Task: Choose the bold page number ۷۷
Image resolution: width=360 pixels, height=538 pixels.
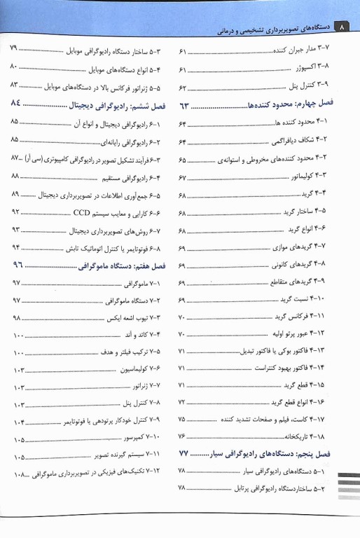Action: [x=185, y=453]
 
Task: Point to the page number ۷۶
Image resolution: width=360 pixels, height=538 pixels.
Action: [x=183, y=436]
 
